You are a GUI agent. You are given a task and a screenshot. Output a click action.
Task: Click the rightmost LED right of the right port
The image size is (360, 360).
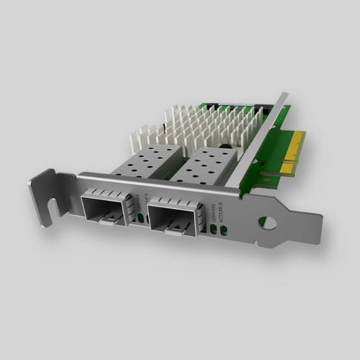222,230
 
